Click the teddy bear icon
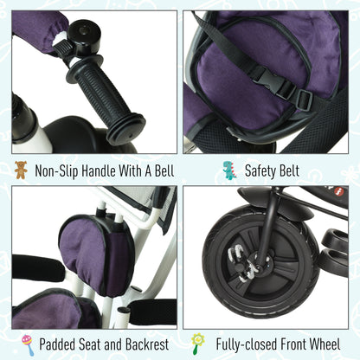(21, 170)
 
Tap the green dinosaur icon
(230, 170)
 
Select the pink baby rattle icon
(28, 344)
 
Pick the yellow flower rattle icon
(197, 344)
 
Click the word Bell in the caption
(164, 170)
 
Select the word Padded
(57, 344)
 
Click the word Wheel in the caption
(325, 344)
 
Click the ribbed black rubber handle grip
(106, 99)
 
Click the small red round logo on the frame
(338, 192)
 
